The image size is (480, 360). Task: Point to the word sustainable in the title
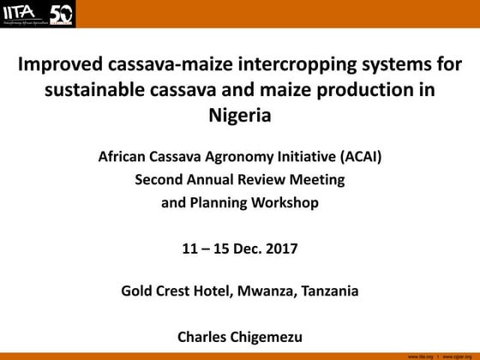(89, 90)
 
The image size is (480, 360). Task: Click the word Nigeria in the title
(240, 114)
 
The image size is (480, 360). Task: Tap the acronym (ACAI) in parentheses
(358, 157)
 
